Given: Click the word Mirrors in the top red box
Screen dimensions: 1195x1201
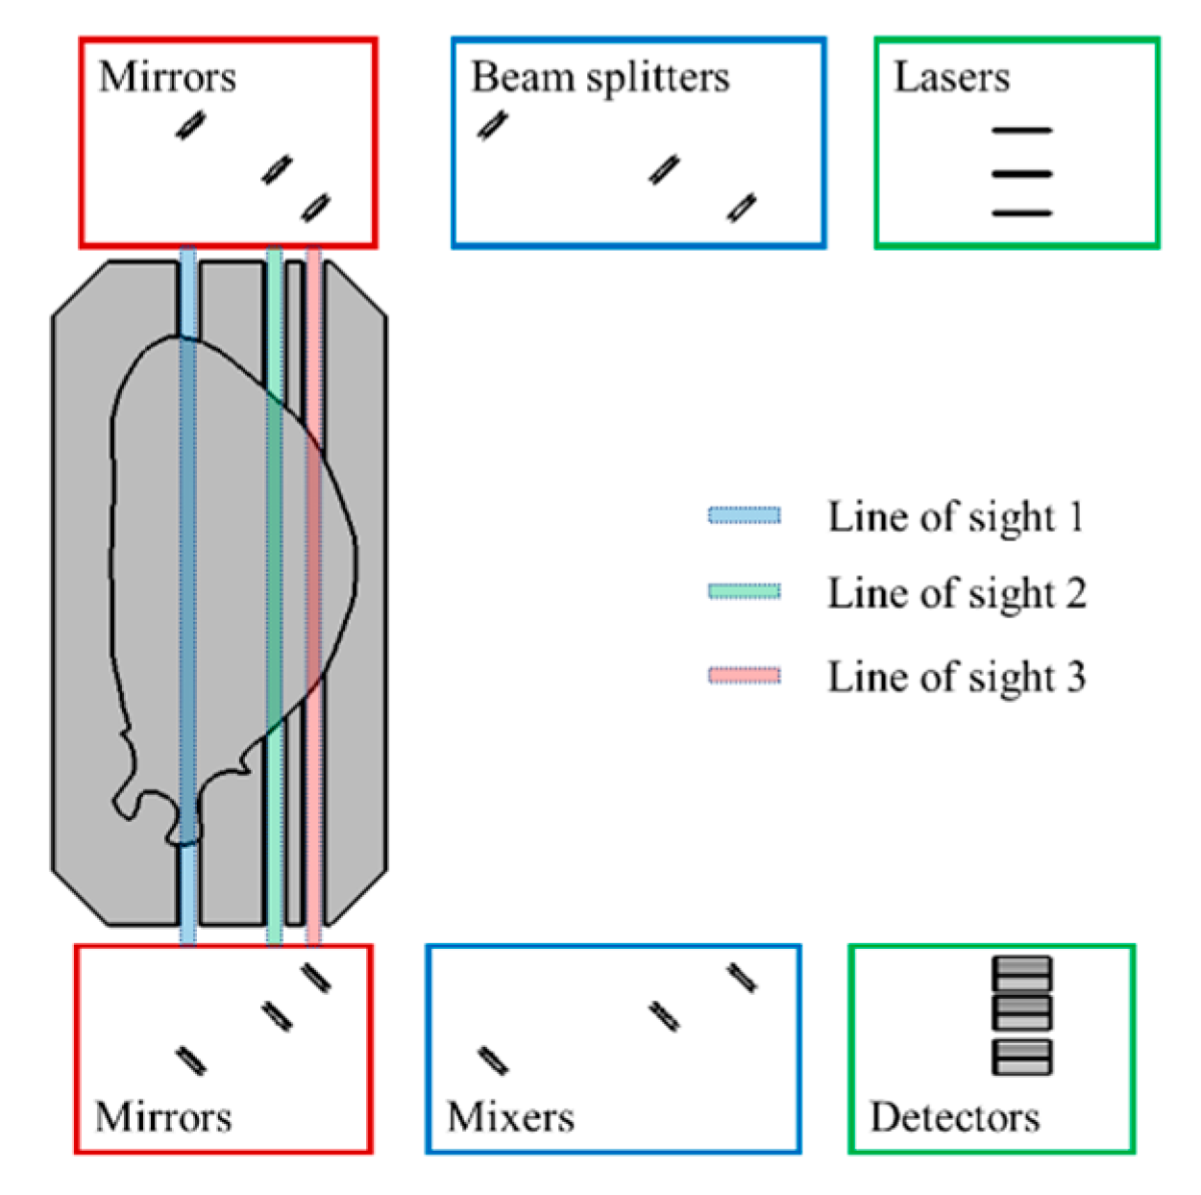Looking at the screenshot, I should (167, 77).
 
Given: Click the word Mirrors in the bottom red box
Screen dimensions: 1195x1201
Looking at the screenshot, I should (163, 1117).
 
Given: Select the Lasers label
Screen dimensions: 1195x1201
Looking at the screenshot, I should (951, 77).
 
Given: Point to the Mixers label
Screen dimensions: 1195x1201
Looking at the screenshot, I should (510, 1117).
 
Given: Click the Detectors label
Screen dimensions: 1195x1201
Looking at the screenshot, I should (954, 1117).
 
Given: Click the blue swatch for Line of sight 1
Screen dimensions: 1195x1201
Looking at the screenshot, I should (744, 516).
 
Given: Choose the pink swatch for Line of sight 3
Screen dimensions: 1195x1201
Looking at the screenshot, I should (744, 676).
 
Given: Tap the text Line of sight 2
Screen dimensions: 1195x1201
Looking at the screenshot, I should (957, 593).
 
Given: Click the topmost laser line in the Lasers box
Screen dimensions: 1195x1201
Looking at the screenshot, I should (1021, 130).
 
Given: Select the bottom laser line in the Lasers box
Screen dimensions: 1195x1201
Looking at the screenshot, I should (1021, 212).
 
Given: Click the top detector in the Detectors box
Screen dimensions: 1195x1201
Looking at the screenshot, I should (1021, 973).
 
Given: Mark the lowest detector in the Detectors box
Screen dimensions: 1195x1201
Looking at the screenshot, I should (1021, 1057).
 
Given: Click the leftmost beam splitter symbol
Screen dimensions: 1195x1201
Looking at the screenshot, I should (492, 125).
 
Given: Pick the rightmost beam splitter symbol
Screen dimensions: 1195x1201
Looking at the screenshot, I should (741, 207).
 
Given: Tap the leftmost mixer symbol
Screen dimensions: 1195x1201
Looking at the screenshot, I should (493, 1060).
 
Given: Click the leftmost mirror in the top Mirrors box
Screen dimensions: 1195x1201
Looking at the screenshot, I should (190, 124).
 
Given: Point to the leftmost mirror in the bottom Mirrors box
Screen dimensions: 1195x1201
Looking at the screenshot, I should (190, 1060).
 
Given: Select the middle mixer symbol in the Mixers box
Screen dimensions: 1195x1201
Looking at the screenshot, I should (664, 1016).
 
